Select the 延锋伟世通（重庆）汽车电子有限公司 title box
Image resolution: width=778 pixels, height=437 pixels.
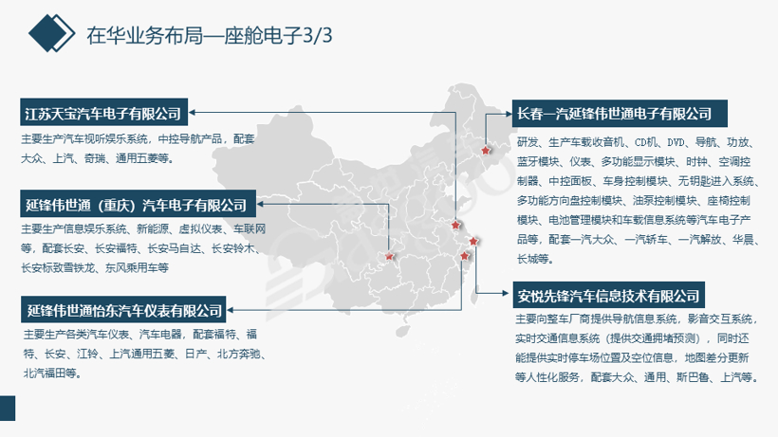coord(138,204)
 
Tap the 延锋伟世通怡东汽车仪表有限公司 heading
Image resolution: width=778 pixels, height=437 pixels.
coord(123,310)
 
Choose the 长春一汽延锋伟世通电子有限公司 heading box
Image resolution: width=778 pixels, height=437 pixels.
coord(620,114)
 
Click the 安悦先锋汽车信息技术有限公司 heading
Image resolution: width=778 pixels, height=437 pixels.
coord(608,295)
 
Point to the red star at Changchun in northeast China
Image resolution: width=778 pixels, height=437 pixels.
coord(486,150)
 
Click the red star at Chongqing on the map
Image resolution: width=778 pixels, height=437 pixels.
coord(389,256)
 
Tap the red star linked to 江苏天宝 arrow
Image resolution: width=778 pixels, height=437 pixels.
coord(455,225)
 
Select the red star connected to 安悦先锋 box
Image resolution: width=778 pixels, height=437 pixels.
coord(473,242)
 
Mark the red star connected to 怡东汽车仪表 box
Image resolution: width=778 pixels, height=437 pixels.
coord(464,256)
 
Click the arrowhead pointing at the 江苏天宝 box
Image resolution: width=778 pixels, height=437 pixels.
coord(192,113)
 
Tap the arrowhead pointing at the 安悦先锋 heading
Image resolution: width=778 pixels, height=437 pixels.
coord(507,293)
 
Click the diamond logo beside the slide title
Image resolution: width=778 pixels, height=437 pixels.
coord(51,33)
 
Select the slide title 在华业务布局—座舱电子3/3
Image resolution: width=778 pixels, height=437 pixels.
coord(210,35)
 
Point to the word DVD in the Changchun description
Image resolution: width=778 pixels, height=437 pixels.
coord(676,143)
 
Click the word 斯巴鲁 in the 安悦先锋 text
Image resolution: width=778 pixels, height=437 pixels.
coord(693,377)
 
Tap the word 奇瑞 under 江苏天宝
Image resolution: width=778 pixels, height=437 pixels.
coord(94,158)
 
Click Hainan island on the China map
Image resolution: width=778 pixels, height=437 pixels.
coord(403,331)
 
